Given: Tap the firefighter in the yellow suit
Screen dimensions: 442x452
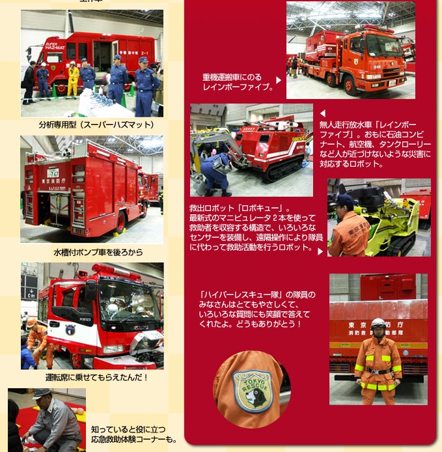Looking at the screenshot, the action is point(73,79).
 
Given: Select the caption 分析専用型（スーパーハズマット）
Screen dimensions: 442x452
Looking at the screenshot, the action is point(96,125).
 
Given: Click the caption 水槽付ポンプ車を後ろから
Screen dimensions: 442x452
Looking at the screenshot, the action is point(98,252).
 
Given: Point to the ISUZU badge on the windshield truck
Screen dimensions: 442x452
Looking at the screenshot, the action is point(141,328).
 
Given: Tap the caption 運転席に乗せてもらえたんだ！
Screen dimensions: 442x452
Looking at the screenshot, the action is point(97,377).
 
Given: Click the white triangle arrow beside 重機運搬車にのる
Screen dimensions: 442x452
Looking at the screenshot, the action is point(279,80).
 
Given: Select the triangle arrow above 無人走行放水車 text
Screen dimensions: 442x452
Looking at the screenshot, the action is point(323,113).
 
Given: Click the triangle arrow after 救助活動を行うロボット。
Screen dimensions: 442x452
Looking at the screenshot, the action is point(320,251).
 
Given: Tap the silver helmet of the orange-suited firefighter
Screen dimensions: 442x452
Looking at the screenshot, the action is point(378,323).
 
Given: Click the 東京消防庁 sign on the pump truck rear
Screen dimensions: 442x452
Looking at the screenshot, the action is point(53,181).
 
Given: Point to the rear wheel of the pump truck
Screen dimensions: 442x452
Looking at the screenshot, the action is point(121,222).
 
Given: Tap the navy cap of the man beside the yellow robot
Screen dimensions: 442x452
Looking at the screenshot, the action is point(344,199).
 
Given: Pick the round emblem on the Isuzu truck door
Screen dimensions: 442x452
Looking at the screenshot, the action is point(70,330).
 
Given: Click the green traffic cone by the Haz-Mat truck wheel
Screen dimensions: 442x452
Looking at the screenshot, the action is point(55,90).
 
